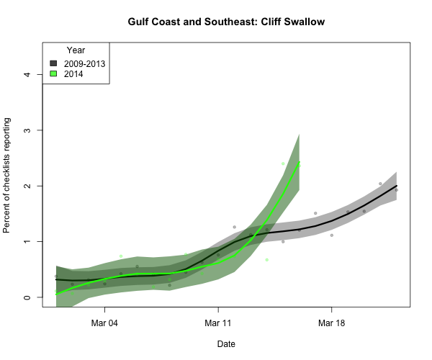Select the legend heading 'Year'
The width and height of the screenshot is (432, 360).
point(76,50)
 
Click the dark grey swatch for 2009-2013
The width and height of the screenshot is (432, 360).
point(53,63)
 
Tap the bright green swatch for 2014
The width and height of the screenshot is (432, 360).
point(53,73)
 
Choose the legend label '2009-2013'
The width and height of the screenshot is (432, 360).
point(84,63)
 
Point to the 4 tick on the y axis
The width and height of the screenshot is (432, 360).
point(27,74)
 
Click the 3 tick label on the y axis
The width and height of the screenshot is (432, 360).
point(27,130)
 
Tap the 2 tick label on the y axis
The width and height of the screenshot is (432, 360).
point(27,186)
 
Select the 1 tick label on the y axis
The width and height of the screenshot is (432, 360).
point(27,241)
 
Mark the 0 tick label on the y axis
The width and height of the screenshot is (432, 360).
point(27,297)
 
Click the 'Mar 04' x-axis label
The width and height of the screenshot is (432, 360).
point(104,323)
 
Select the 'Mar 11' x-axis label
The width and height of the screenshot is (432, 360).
point(218,323)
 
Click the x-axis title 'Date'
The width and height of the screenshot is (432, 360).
point(226,344)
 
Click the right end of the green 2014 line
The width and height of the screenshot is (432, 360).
point(299,163)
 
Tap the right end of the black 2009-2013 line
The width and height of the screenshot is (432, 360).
point(396,186)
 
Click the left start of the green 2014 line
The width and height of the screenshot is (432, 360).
point(56,294)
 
